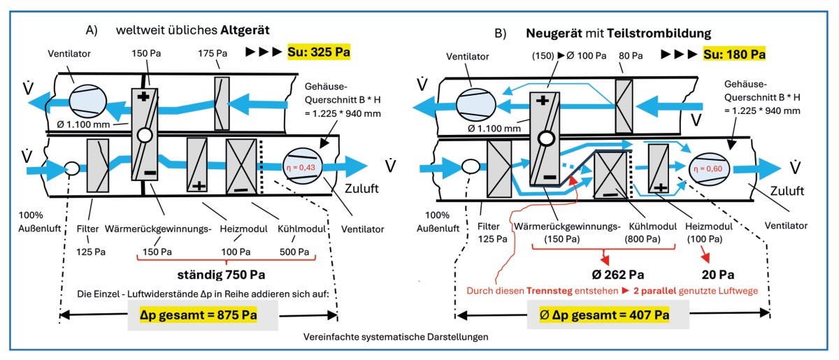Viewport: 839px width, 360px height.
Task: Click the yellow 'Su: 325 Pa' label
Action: (x=319, y=52)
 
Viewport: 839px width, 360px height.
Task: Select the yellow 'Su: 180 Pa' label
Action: (x=733, y=54)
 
